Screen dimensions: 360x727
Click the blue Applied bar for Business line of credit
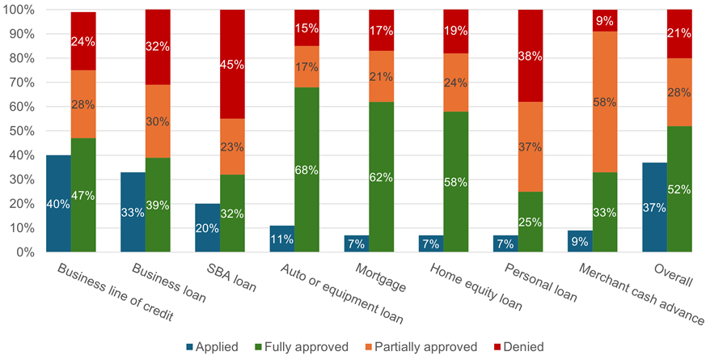pos(58,204)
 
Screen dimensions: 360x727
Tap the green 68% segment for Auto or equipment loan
pos(306,170)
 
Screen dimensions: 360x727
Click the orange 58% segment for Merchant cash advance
pos(605,102)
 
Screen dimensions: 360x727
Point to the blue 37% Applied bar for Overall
pos(654,207)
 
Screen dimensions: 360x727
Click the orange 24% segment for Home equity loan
pos(456,83)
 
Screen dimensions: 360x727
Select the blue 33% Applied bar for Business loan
pos(133,212)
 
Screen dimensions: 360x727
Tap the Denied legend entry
pos(518,346)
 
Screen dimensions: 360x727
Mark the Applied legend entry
pos(213,346)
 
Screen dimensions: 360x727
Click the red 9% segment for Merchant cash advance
pos(605,20)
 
